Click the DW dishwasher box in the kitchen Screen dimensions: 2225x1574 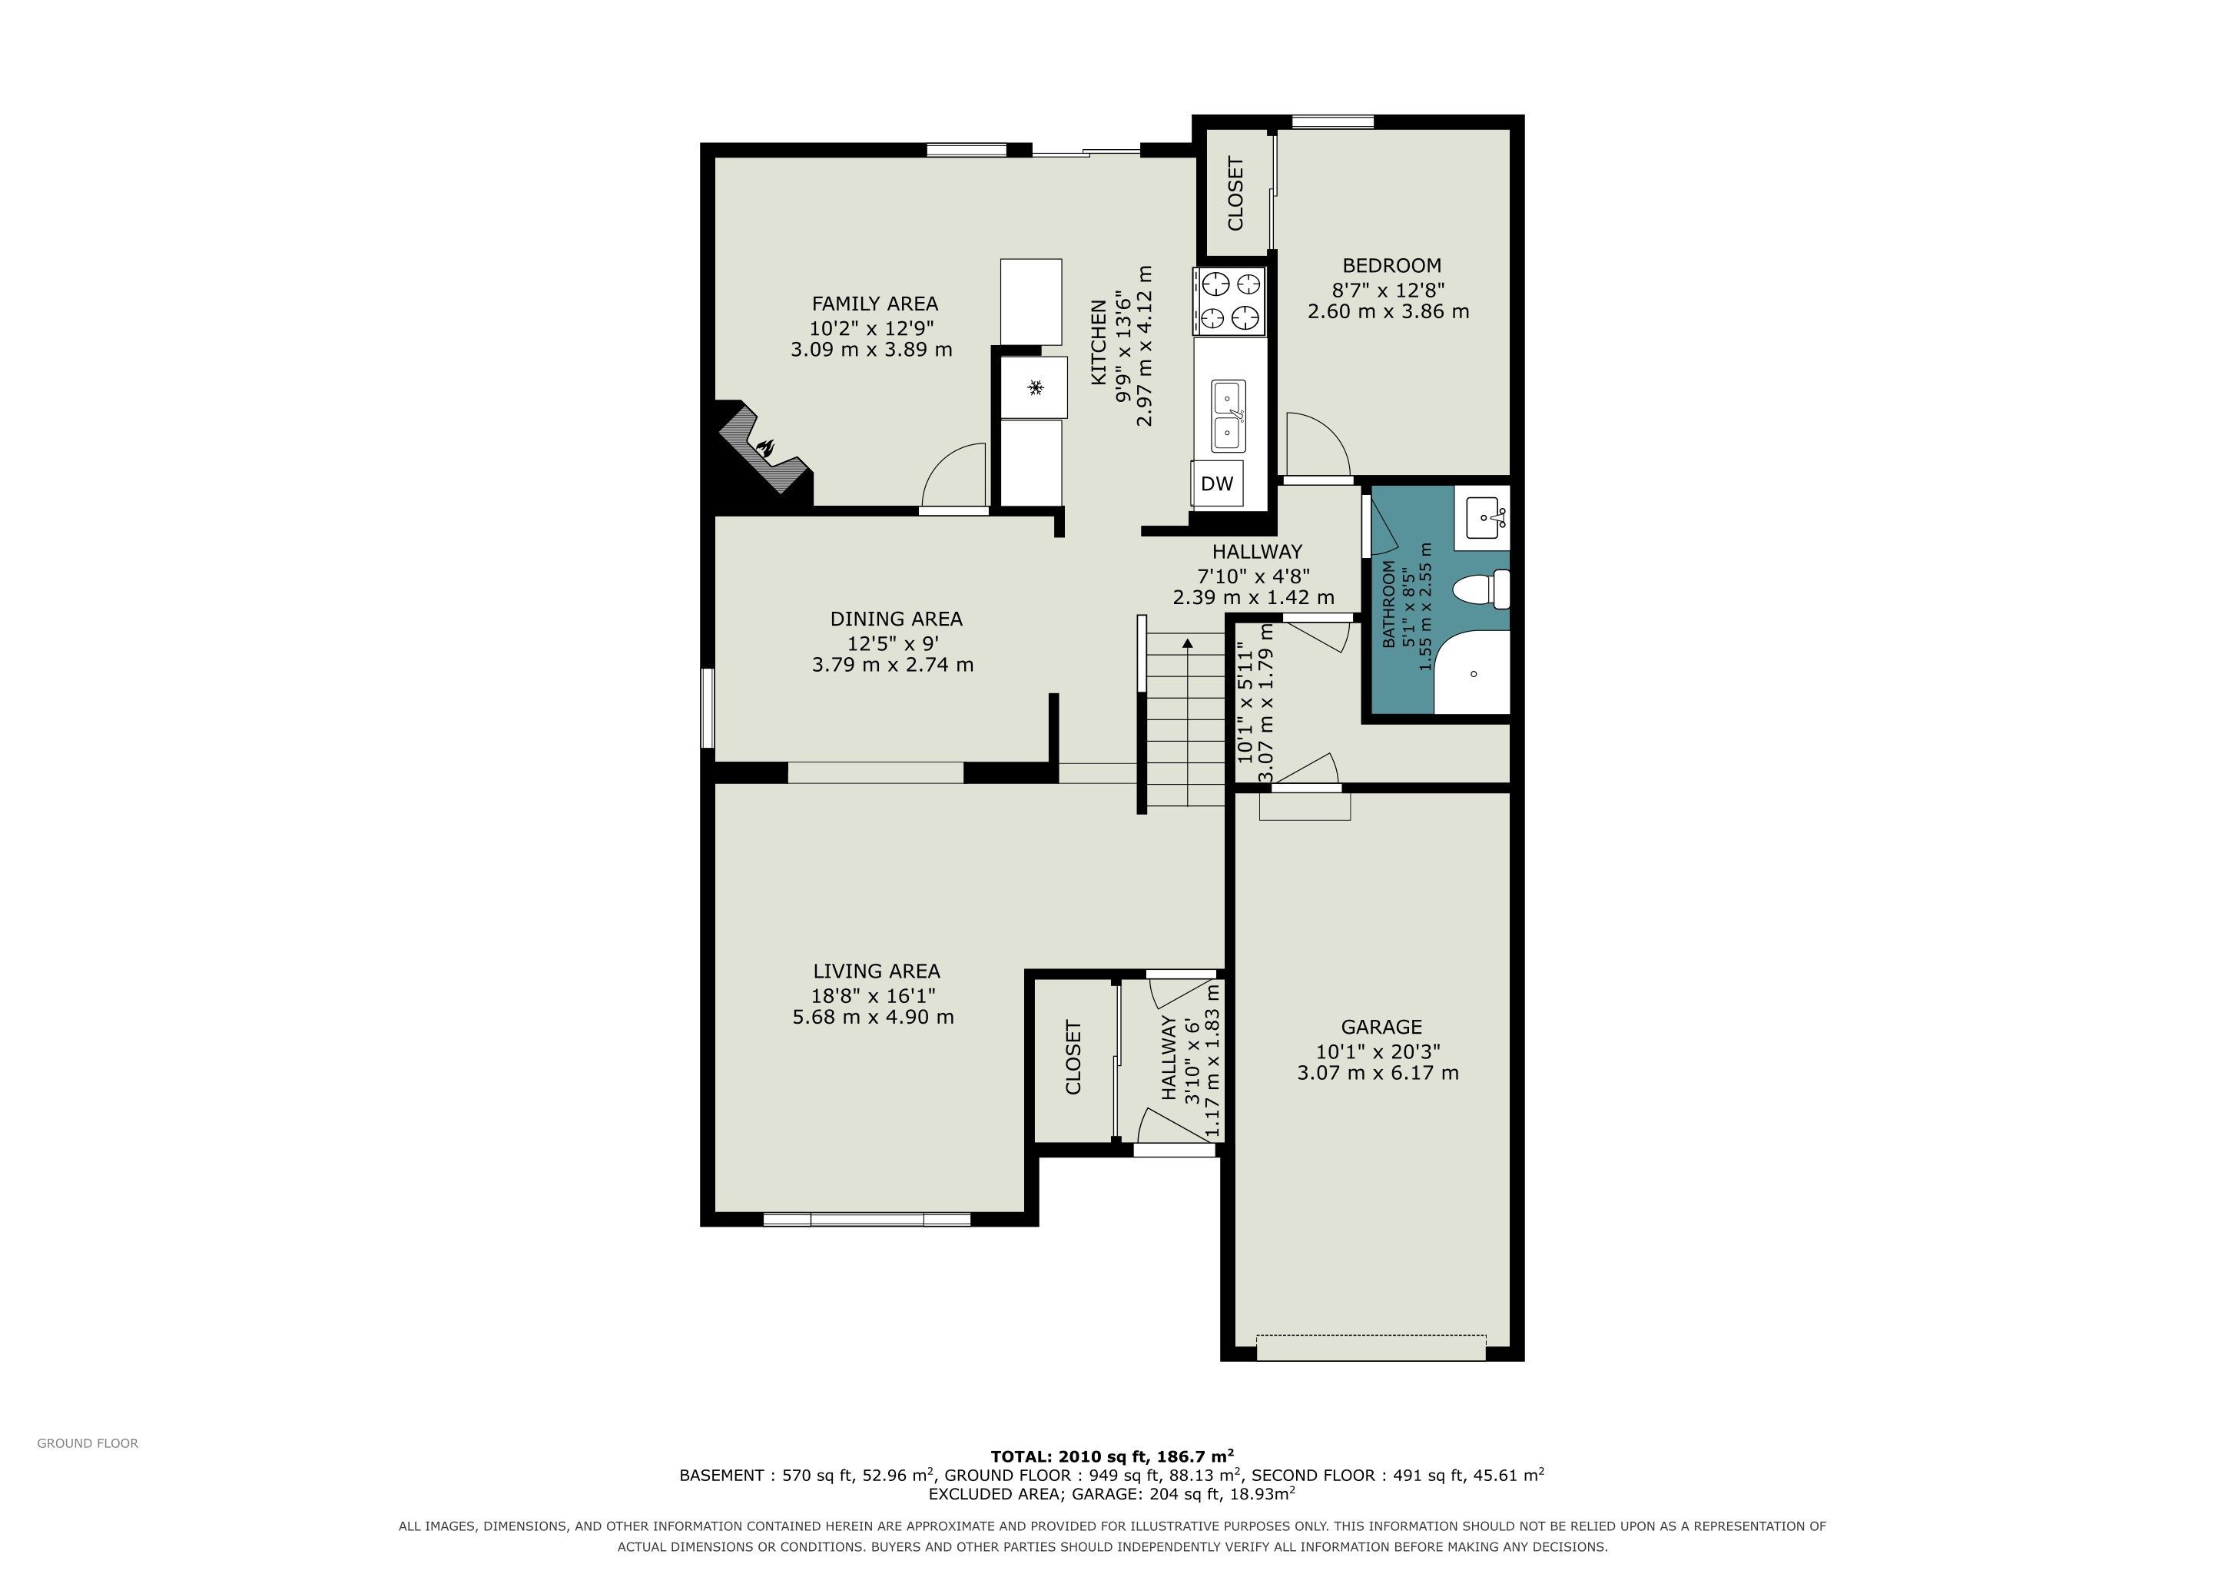(1216, 483)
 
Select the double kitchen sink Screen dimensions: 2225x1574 (1228, 416)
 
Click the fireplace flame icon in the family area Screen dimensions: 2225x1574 (765, 448)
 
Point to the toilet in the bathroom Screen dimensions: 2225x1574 (1483, 590)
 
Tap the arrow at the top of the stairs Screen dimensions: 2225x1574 (1187, 642)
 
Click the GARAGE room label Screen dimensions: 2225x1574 (1381, 1028)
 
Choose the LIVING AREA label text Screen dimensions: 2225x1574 (876, 971)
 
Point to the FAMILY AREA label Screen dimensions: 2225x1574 (875, 304)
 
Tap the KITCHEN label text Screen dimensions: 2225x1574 (1099, 342)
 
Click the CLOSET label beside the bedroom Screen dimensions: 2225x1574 (1235, 194)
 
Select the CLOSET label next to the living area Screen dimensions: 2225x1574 (1073, 1058)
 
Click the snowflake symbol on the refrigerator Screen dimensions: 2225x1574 (1035, 387)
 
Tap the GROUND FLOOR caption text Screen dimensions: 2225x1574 (88, 1444)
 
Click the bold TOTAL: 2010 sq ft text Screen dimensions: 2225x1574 (1112, 1456)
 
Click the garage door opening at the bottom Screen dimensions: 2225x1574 (1371, 1348)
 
